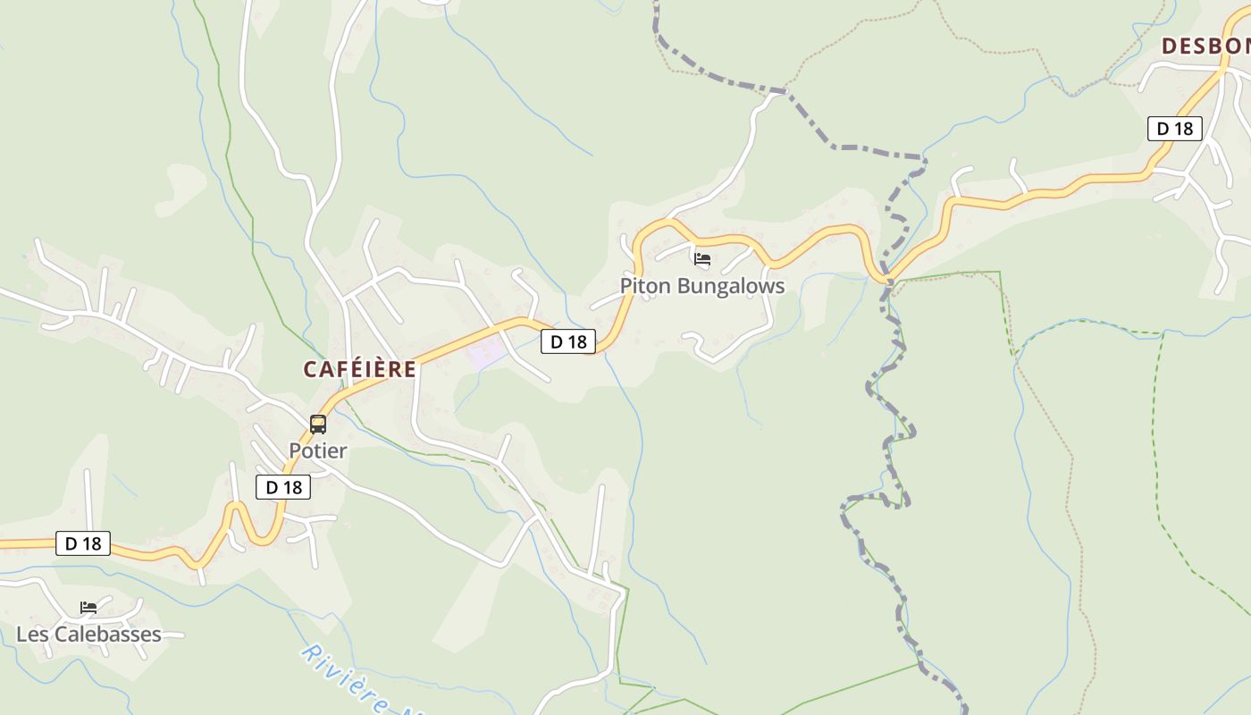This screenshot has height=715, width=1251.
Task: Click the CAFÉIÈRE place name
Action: point(359,369)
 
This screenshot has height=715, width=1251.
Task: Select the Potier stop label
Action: point(317,450)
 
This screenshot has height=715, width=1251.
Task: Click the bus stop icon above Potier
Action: point(318,425)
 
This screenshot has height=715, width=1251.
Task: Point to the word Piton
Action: point(645,286)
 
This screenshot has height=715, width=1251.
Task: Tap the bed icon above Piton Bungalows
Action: point(702,260)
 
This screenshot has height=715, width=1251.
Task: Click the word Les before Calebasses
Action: point(32,635)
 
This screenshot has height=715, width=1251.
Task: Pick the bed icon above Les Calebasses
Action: point(88,608)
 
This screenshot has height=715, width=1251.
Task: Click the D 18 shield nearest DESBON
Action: point(1174,129)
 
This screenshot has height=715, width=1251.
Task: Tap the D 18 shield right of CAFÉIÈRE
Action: point(567,341)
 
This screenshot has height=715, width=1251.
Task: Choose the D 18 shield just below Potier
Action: point(283,487)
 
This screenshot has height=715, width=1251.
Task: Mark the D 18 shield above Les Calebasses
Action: point(83,543)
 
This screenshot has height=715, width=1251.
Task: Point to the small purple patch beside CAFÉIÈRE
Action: point(487,353)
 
